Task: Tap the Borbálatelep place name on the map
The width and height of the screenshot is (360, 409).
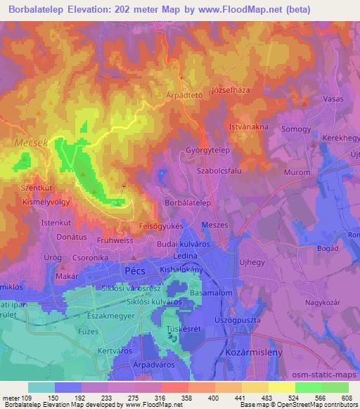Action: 188,202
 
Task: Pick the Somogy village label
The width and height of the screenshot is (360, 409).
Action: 296,129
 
